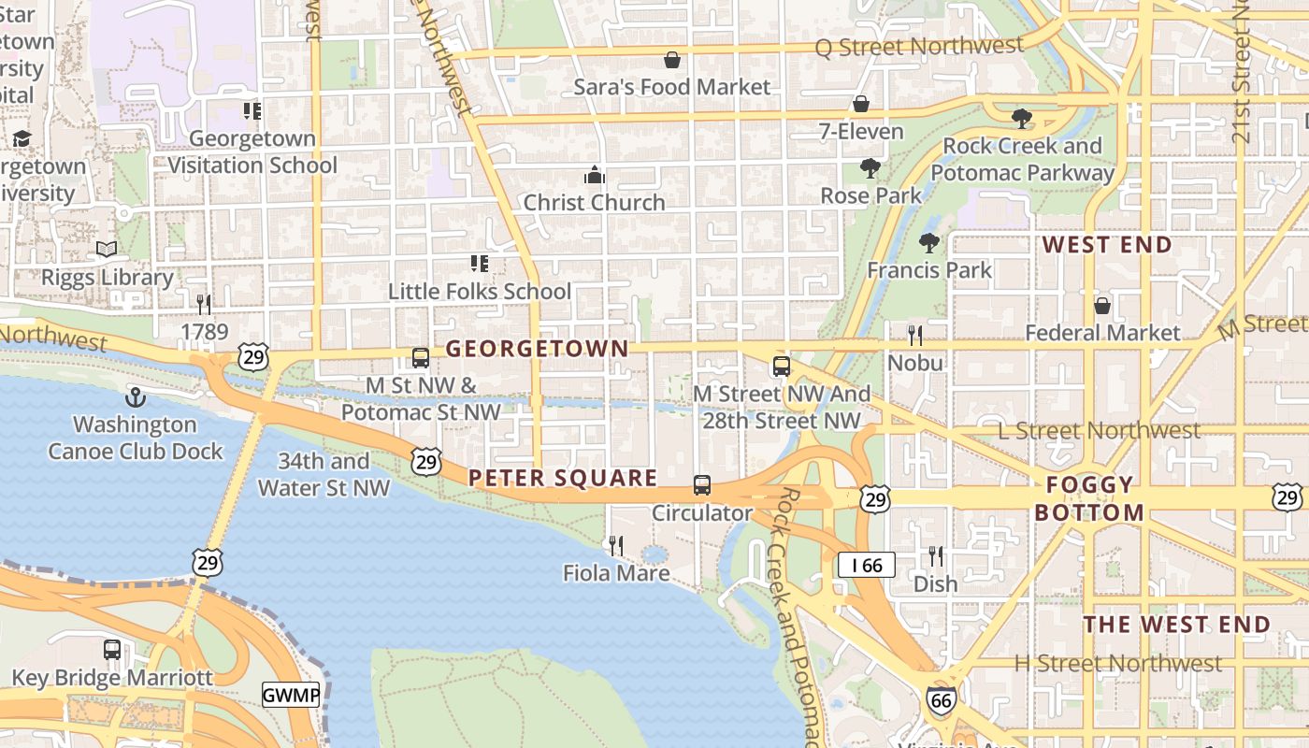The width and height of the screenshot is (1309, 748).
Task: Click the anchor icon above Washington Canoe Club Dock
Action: tap(136, 397)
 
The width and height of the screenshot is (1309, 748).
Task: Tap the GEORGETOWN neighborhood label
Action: tap(537, 349)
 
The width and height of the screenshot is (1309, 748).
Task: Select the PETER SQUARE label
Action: tap(563, 478)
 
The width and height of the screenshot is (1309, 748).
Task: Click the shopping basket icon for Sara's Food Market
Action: tap(671, 61)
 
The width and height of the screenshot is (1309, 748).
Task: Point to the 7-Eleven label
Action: tap(861, 131)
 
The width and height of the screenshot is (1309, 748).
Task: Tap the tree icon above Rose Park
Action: tap(870, 168)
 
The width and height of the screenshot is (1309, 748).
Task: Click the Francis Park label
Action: tap(928, 270)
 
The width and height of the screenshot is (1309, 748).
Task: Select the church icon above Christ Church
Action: tap(594, 175)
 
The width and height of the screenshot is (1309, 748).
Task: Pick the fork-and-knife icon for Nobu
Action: tap(915, 335)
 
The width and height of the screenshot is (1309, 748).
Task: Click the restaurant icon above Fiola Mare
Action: tap(616, 545)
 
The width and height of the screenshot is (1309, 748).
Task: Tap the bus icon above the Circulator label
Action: tap(701, 485)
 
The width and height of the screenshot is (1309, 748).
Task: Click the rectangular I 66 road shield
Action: tap(866, 565)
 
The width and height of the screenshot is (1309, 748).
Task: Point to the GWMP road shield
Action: tap(290, 695)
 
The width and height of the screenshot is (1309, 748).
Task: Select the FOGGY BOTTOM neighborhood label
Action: tap(1089, 498)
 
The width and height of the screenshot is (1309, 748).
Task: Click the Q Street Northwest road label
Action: tap(919, 46)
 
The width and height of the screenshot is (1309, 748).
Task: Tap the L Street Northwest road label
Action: tap(1099, 430)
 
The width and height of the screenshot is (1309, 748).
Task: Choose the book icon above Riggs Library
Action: tap(107, 250)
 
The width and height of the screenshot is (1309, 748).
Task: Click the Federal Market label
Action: tap(1102, 333)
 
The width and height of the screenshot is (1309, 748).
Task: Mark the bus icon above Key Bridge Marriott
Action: tap(112, 649)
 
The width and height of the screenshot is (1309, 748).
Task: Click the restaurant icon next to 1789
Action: tap(204, 304)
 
